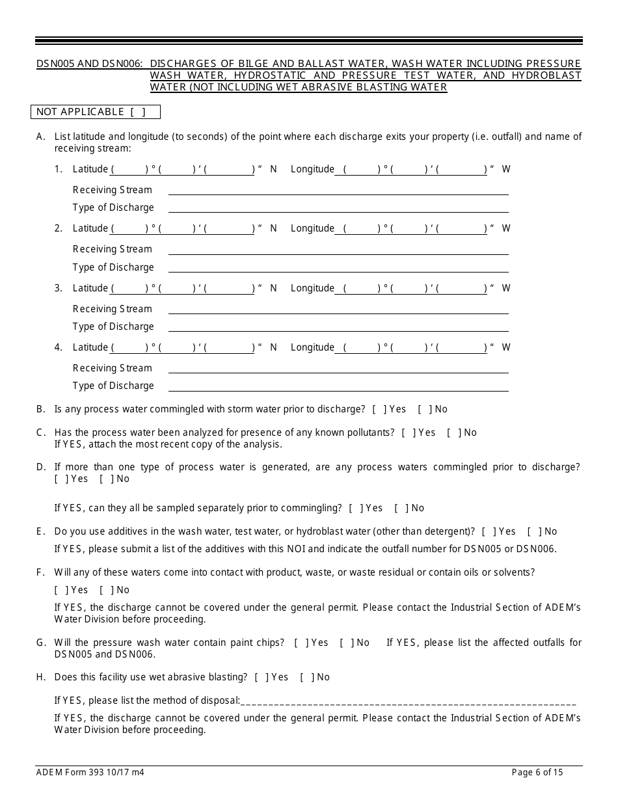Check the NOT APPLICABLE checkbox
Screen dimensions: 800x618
[137, 112]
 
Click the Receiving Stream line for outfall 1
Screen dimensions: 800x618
[338, 191]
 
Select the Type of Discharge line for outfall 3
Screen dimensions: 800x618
[338, 327]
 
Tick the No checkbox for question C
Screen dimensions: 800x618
[453, 433]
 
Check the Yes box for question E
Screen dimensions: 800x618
[489, 531]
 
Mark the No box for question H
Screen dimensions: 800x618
[306, 677]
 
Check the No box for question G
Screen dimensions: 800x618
[346, 643]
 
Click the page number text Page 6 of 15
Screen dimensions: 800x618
[537, 773]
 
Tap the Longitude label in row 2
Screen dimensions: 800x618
[312, 228]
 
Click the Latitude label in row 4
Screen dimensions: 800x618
[90, 347]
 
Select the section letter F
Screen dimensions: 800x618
[41, 572]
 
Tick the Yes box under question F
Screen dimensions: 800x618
[62, 590]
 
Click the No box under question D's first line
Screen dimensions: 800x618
[106, 479]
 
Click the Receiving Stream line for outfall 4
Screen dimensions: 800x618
[338, 369]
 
